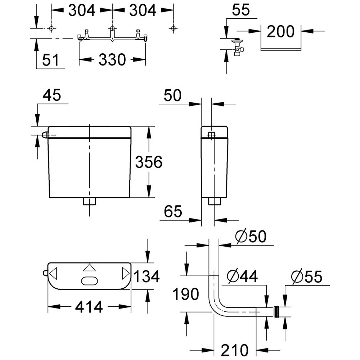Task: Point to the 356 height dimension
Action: click(149, 162)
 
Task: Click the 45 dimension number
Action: click(52, 96)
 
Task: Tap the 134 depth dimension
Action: click(146, 276)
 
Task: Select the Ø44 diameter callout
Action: click(243, 276)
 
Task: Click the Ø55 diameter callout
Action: click(307, 276)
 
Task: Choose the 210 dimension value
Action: click(235, 349)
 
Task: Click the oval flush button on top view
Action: click(89, 280)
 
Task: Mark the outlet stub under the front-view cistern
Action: click(89, 201)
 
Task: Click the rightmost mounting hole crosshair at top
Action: click(174, 28)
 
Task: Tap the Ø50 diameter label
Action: click(251, 237)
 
